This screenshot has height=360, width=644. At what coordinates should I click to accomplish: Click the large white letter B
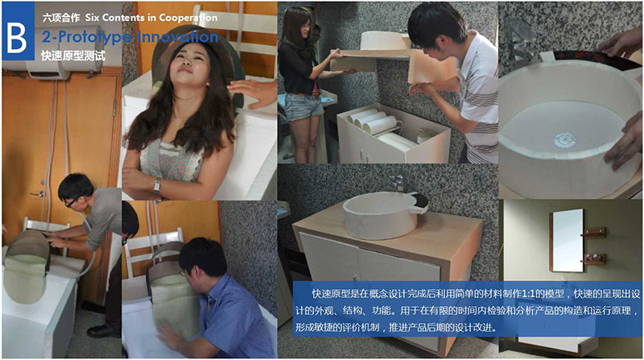(17, 38)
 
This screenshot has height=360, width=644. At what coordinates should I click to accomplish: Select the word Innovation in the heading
(178, 36)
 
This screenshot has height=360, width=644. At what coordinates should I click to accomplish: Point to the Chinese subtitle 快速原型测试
(73, 56)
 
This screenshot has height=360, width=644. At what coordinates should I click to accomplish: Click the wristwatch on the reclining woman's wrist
(156, 187)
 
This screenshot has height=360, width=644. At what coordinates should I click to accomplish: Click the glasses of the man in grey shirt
(70, 202)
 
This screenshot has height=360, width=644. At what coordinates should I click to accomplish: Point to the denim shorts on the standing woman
(303, 106)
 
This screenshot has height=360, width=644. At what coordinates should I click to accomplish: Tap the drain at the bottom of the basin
(565, 139)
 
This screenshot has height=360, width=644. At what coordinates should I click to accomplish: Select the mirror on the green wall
(568, 241)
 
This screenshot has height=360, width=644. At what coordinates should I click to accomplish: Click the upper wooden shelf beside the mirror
(594, 232)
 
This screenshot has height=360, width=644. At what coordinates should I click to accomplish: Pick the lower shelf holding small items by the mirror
(594, 259)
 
